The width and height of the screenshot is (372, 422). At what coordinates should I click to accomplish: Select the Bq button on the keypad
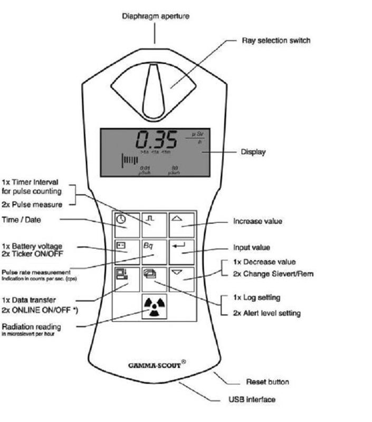[x=154, y=252]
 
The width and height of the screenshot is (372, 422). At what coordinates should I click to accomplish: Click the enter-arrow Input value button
[x=181, y=252]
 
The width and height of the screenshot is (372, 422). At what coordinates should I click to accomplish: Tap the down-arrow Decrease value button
[x=181, y=279]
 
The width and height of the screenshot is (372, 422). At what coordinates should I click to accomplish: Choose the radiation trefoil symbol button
[x=154, y=306]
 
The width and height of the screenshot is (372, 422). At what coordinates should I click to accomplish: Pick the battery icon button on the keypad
[x=127, y=252]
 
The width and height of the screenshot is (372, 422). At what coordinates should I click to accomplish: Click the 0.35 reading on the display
[x=156, y=140]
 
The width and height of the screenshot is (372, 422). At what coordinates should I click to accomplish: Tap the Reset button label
[x=268, y=381]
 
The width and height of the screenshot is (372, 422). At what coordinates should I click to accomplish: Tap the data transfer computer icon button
[x=127, y=279]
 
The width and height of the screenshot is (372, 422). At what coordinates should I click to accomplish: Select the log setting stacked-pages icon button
[x=154, y=279]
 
